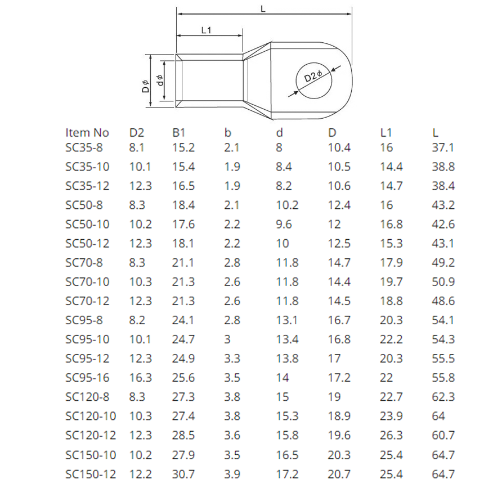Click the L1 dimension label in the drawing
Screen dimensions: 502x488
tap(206, 30)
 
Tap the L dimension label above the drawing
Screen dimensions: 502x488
tap(263, 9)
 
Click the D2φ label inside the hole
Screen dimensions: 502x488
tap(313, 76)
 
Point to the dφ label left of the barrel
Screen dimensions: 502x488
tap(160, 80)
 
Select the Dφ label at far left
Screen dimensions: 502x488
tap(145, 86)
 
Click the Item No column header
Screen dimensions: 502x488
tap(87, 133)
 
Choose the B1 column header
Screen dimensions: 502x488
tap(178, 133)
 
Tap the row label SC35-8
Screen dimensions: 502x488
tap(84, 147)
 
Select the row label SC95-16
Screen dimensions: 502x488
tap(87, 378)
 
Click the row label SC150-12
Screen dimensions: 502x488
tap(91, 474)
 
